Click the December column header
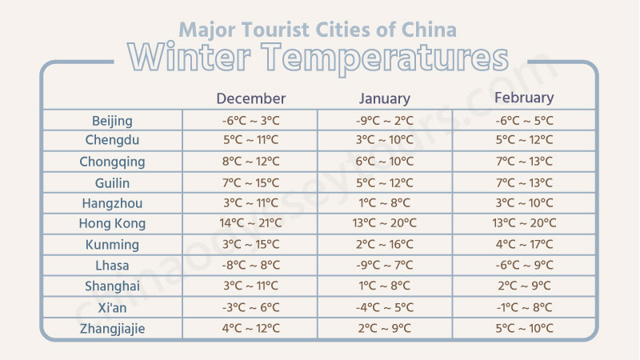250,98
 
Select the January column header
384,98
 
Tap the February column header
524,98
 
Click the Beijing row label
112,121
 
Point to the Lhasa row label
112,265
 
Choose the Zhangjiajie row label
112,327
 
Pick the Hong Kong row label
112,223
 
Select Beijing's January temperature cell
385,121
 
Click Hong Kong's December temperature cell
250,223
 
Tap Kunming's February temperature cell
525,244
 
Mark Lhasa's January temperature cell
385,265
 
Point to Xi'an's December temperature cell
250,306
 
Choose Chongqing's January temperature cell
385,162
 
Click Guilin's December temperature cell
250,182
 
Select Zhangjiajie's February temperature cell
525,327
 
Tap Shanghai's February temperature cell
525,286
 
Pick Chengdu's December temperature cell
250,141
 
